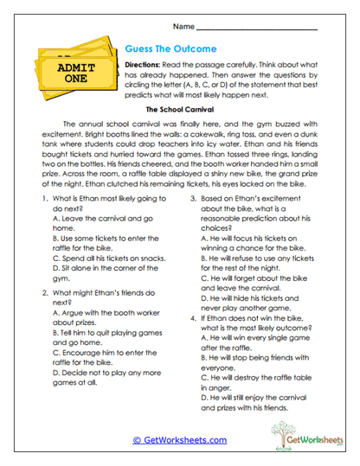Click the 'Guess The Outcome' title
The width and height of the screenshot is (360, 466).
pos(171,49)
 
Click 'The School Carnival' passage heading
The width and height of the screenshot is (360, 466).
pos(179,111)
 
